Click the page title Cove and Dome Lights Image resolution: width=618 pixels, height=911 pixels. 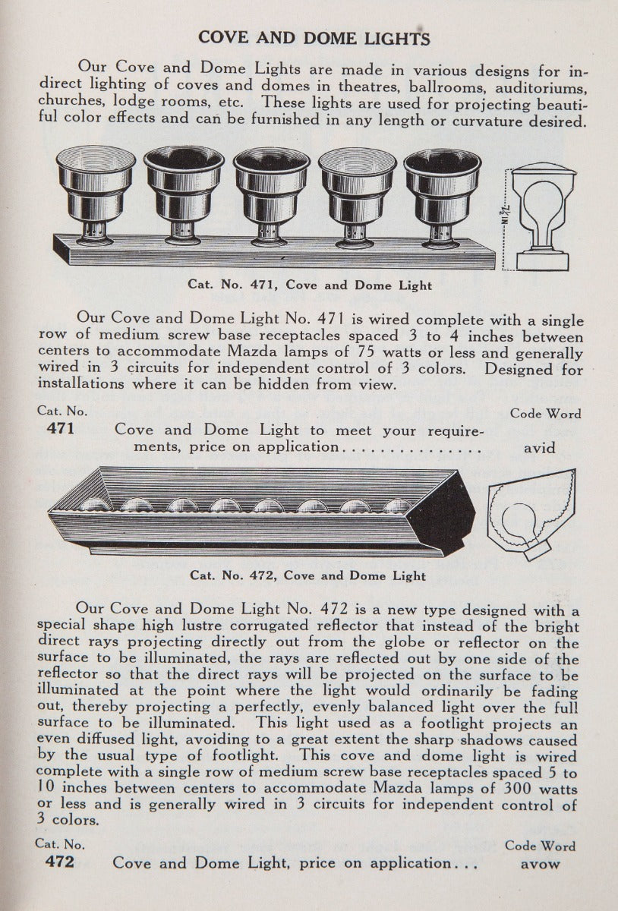pyautogui.click(x=314, y=38)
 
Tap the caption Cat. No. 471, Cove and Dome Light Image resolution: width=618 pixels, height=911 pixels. pyautogui.click(x=310, y=285)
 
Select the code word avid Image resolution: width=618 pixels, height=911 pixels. pyautogui.click(x=540, y=448)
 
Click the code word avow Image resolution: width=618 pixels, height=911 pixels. pyautogui.click(x=541, y=863)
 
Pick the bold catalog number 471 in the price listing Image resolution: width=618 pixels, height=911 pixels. pyautogui.click(x=60, y=429)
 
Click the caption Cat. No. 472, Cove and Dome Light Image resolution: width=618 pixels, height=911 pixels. pyautogui.click(x=307, y=575)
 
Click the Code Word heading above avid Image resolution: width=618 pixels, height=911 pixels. pyautogui.click(x=546, y=414)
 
